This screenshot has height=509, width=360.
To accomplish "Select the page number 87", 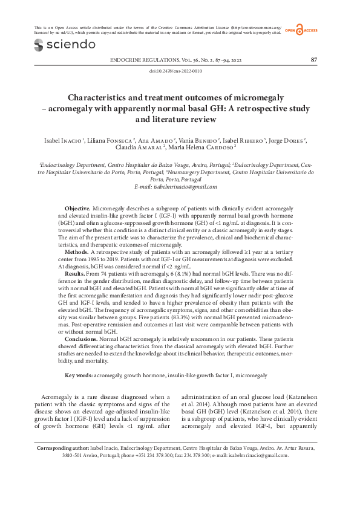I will pyautogui.click(x=313, y=60).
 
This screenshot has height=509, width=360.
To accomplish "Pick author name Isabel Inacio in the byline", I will pyautogui.click(x=62, y=140).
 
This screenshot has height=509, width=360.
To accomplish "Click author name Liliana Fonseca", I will pyautogui.click(x=111, y=140).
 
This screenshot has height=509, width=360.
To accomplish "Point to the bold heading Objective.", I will pyautogui.click(x=77, y=207).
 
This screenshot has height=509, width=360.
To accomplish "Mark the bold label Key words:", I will pyautogui.click(x=79, y=375).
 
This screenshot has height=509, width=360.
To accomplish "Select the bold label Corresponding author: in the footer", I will pyautogui.click(x=63, y=465).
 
